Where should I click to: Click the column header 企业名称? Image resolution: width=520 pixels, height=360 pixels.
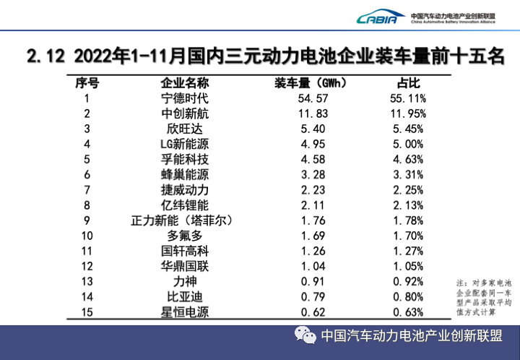(184, 82)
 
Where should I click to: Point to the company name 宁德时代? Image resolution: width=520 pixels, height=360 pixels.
(184, 98)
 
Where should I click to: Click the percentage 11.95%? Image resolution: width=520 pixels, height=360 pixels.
(408, 113)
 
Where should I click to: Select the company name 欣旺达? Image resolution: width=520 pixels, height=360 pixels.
(184, 129)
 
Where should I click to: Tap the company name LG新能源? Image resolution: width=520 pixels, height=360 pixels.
(184, 144)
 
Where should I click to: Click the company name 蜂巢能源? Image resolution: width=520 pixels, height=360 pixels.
(184, 174)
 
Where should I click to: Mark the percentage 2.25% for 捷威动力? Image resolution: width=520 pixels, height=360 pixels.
(408, 189)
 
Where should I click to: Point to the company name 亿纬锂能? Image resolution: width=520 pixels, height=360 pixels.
(184, 205)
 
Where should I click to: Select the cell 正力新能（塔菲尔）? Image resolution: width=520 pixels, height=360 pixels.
(184, 220)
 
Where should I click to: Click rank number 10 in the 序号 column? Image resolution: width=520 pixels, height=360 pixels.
(87, 235)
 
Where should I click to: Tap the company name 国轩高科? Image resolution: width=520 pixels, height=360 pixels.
(184, 250)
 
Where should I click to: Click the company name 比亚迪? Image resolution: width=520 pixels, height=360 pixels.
(184, 296)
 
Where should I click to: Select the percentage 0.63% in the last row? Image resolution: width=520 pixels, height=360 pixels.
(408, 312)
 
